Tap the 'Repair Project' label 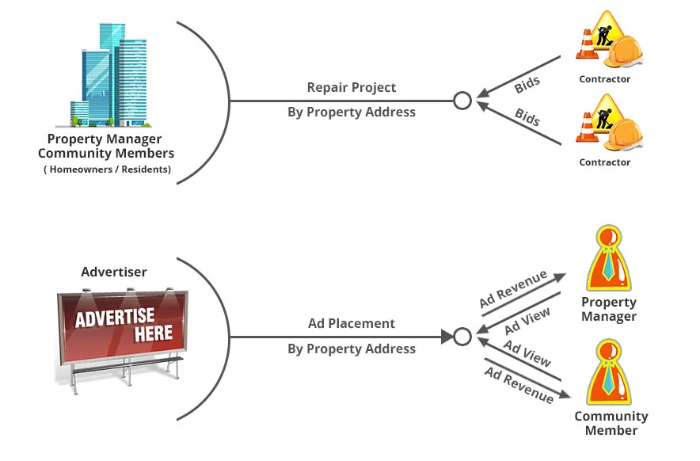[351, 87]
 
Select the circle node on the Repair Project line [462, 101]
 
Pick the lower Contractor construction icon [608, 124]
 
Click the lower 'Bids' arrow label [527, 117]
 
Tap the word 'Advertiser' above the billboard [114, 272]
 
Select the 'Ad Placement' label [351, 323]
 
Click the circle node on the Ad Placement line [462, 337]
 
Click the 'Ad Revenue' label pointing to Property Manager [513, 290]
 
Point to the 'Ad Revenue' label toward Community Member [519, 384]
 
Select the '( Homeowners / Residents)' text [107, 170]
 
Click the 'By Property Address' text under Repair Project [351, 112]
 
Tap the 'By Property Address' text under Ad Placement [351, 349]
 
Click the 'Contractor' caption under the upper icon [605, 79]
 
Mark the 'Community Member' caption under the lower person [611, 423]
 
